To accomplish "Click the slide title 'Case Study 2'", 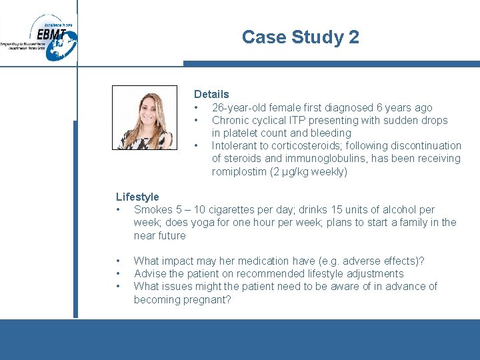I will pos(300,37).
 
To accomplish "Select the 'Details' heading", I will pos(211,95).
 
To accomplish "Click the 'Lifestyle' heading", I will pos(137,197).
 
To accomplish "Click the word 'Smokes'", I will pos(153,210).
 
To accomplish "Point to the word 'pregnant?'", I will pos(207,300).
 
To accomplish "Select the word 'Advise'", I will pos(150,274).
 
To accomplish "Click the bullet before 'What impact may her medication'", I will pos(118,261).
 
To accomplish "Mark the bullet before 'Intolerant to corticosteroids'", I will pos(196,146).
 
